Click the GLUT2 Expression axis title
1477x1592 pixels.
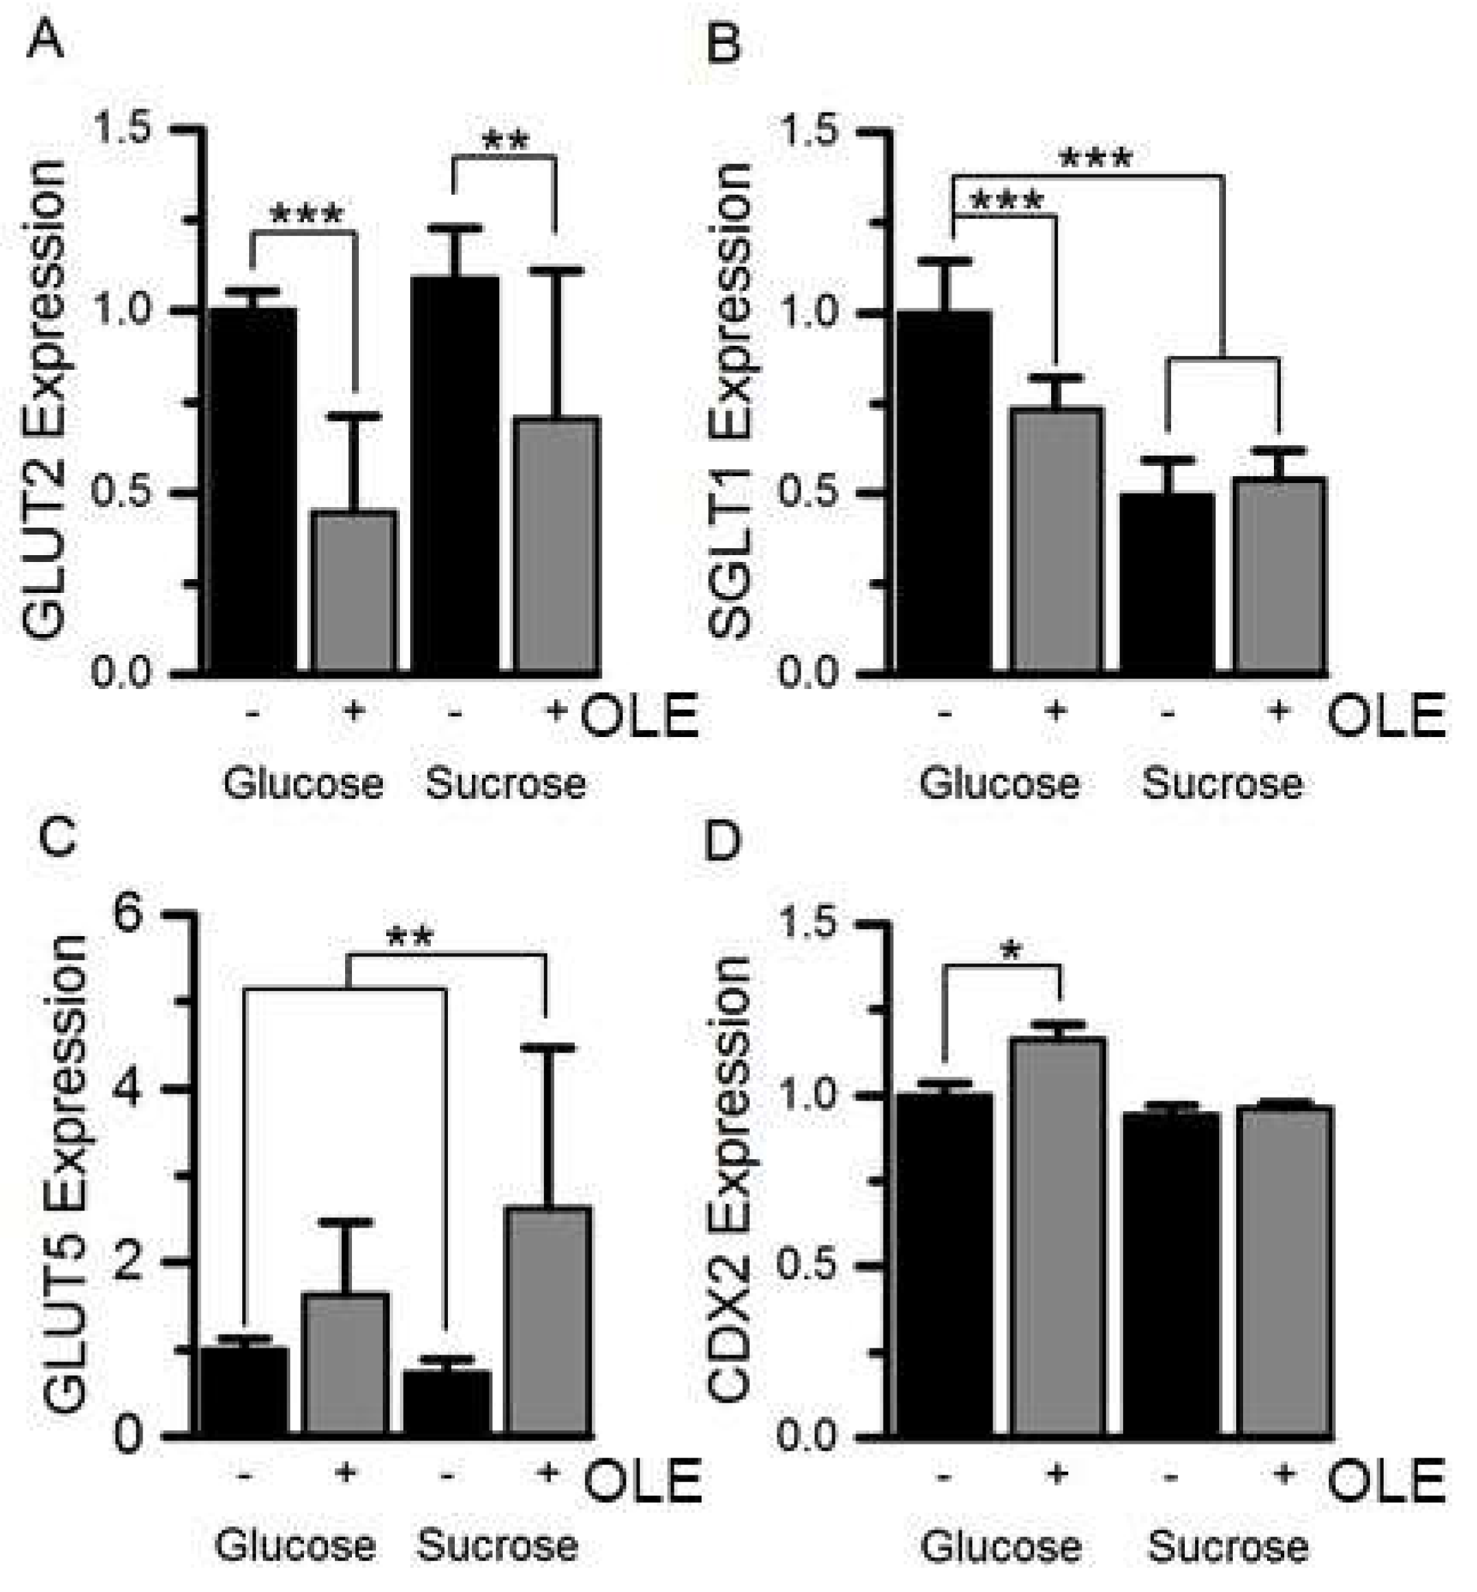click(44, 400)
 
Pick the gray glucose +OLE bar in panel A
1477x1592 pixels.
click(354, 592)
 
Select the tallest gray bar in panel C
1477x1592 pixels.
click(549, 1320)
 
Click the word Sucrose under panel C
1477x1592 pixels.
click(497, 1545)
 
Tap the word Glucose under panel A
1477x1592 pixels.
click(303, 784)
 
